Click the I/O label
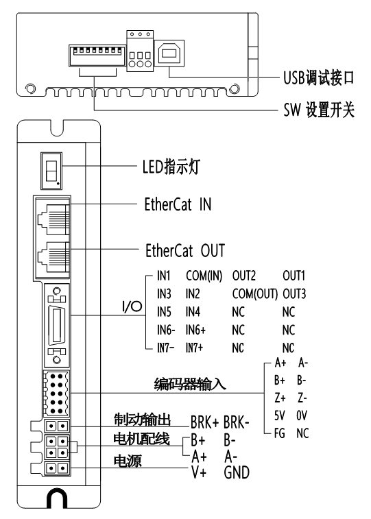[131, 307]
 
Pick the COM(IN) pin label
[204, 278]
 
